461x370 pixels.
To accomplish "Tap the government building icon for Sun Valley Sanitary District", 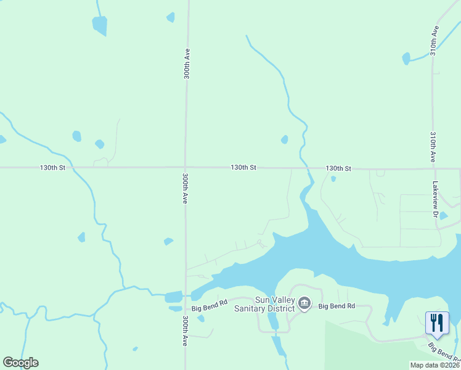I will coord(304,303).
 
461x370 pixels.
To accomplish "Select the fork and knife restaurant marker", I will coord(437,323).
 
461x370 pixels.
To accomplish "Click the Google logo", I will coord(20,363).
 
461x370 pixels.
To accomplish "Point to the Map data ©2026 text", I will coord(434,365).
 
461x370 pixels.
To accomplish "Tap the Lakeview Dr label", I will coord(434,197).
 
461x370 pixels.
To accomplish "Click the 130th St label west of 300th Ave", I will coord(52,168).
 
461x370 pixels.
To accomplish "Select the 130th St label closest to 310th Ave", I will coord(338,168).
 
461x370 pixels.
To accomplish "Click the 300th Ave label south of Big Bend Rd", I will coord(185,331).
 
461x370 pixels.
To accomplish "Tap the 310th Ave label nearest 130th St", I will coord(433,147).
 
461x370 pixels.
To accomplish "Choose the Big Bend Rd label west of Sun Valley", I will coord(210,305).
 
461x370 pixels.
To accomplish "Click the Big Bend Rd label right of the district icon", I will coord(337,306).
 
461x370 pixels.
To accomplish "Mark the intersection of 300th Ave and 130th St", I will coord(186,167).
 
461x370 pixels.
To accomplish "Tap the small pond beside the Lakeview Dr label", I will coord(443,216).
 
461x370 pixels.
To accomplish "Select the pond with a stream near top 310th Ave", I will coord(406,59).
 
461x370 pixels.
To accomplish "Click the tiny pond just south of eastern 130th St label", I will coord(333,179).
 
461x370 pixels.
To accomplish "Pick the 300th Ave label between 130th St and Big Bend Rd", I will coord(185,188).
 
